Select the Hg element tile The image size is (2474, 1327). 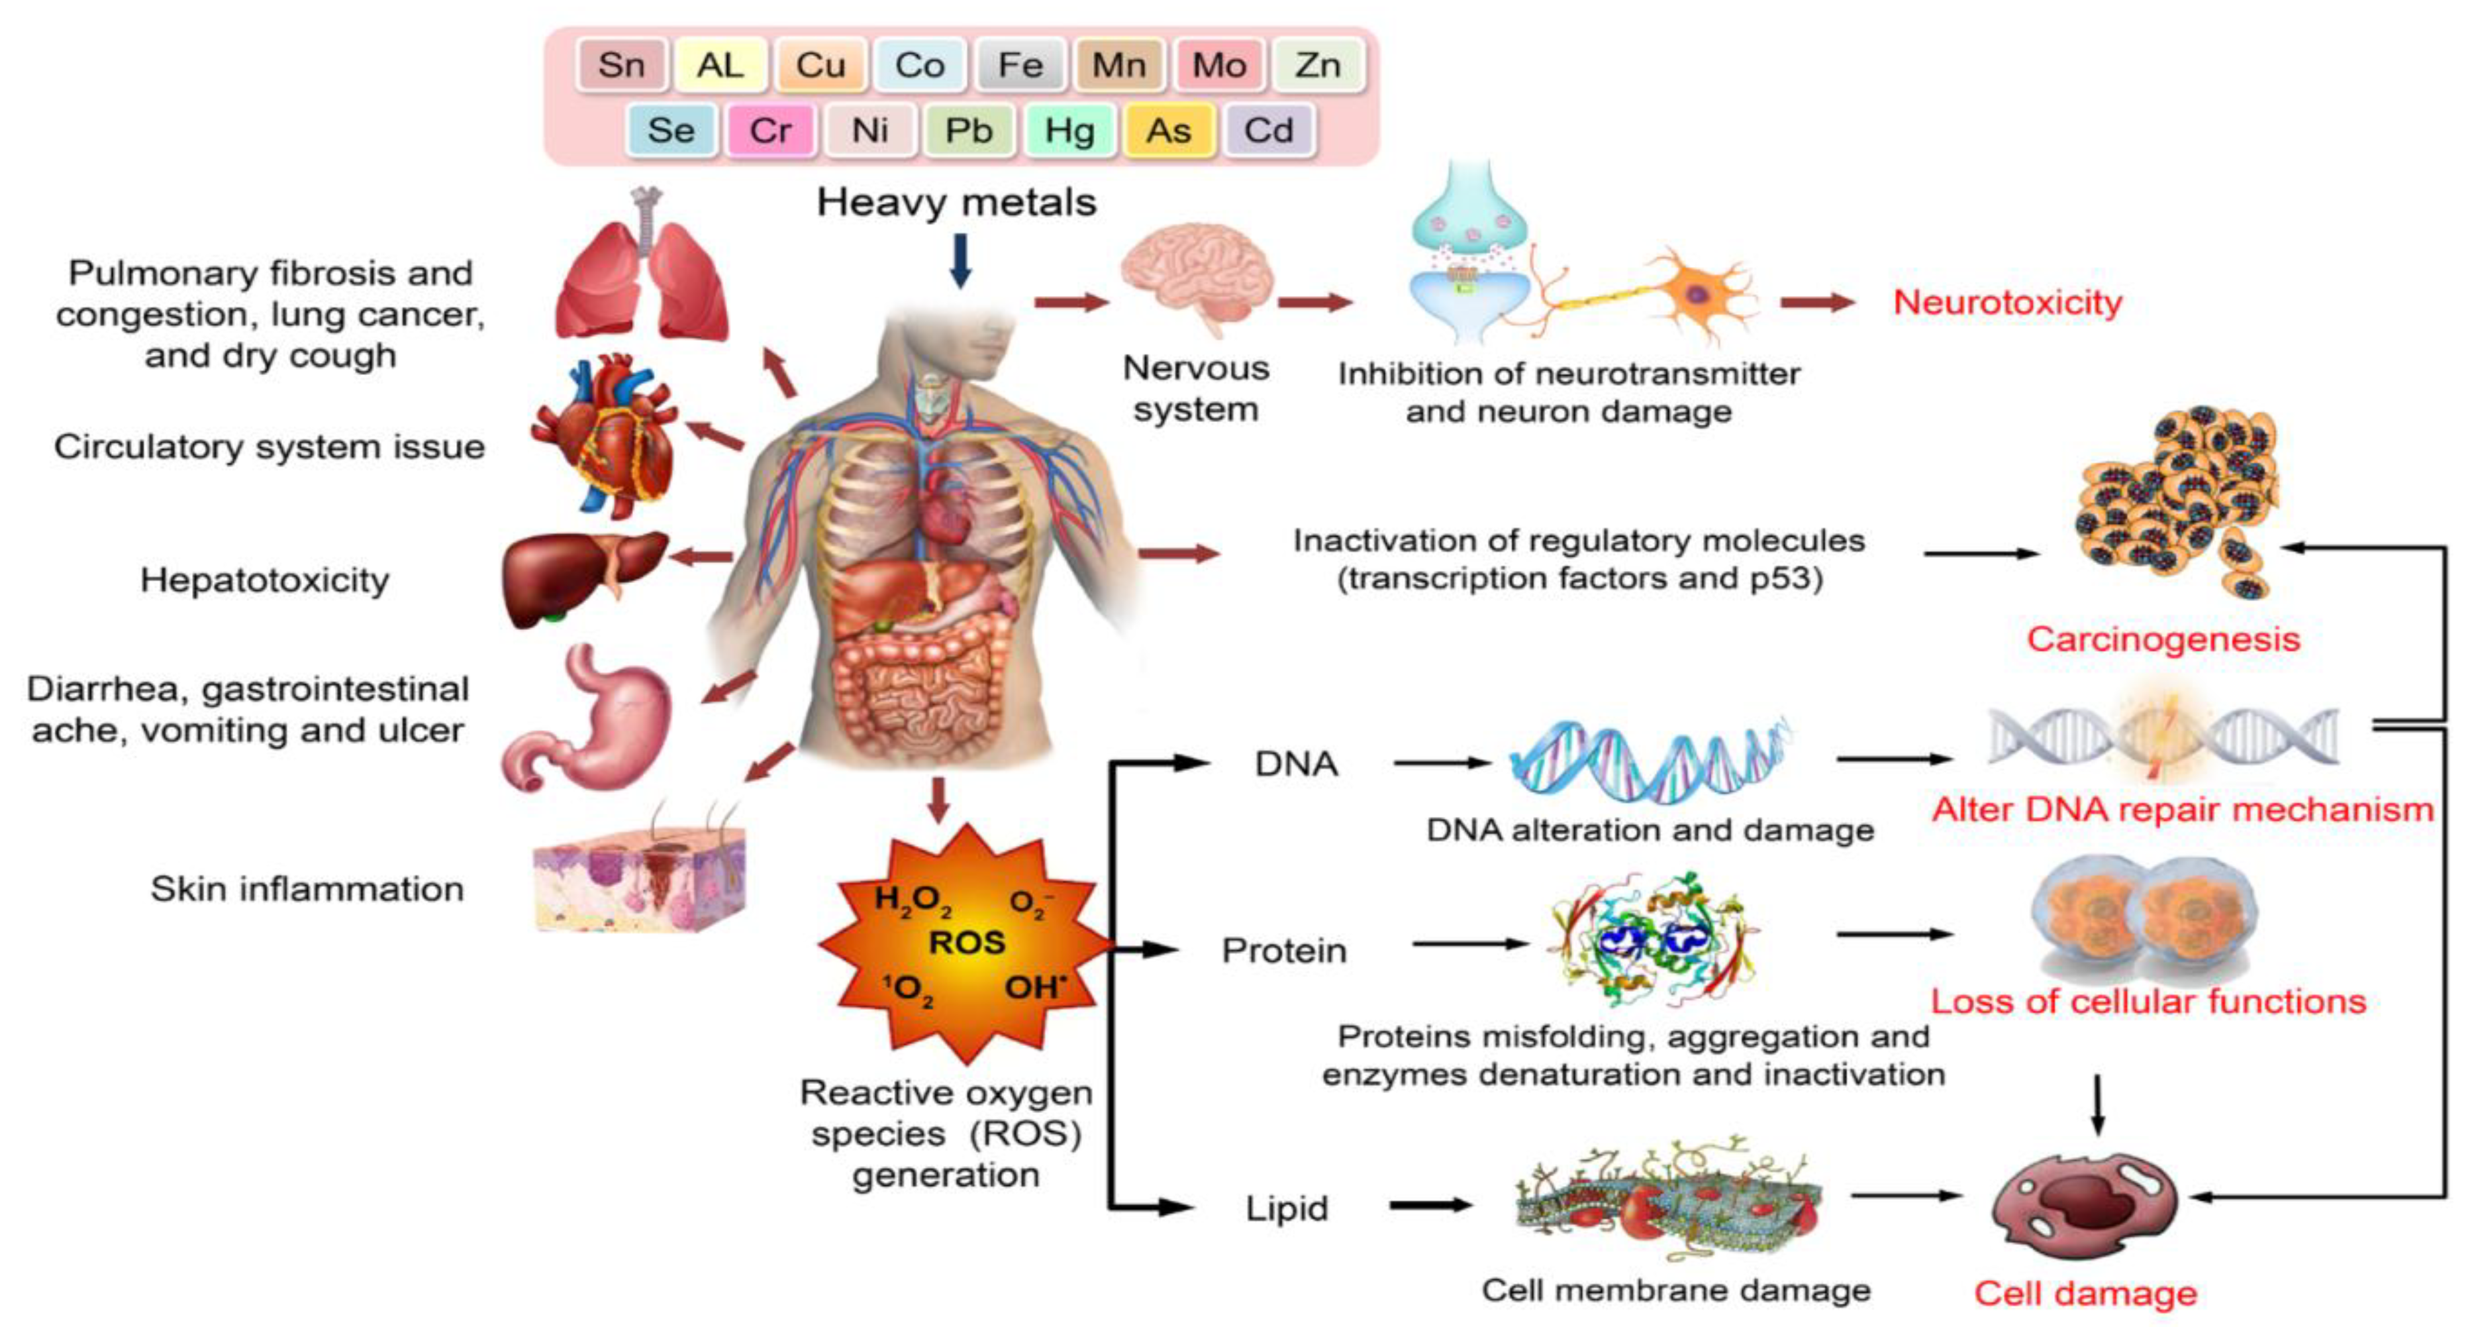(1069, 130)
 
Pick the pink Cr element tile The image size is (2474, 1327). (770, 130)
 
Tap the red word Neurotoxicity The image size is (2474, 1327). (2007, 301)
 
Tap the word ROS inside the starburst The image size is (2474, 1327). (966, 943)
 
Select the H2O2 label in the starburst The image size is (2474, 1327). (913, 900)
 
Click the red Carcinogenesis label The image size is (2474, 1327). (2163, 639)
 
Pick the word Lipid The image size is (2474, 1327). (1286, 1208)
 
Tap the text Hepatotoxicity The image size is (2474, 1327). (265, 580)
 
